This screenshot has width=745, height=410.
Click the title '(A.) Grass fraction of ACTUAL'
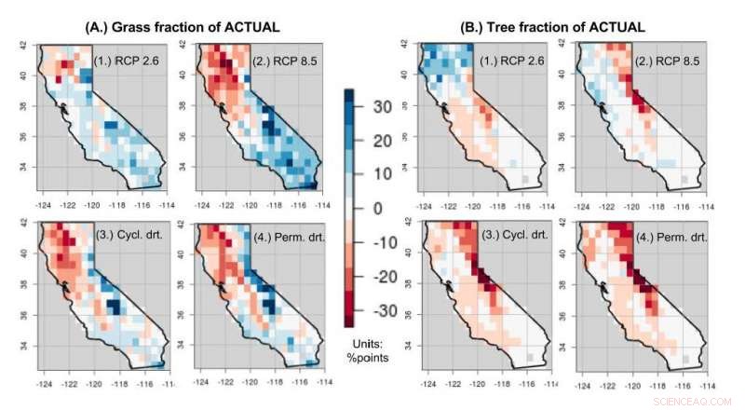[x=172, y=24]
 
